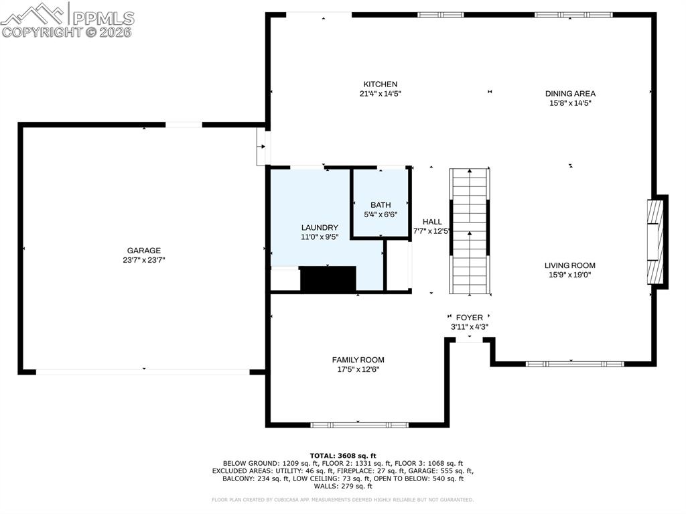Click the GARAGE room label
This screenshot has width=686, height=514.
(144, 251)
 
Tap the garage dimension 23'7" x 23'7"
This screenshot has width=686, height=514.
(144, 260)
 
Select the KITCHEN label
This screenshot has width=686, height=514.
(381, 84)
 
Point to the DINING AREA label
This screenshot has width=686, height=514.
(570, 94)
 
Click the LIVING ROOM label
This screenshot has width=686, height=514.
(569, 265)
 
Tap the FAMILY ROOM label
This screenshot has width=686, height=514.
(358, 360)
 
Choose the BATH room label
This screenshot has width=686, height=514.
(381, 205)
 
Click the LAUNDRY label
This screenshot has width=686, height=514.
(320, 227)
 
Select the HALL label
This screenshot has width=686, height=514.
(432, 222)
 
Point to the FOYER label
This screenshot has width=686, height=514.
(469, 318)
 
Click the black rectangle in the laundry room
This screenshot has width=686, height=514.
(328, 279)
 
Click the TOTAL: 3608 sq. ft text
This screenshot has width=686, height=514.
(343, 455)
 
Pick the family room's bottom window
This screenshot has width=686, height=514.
(359, 424)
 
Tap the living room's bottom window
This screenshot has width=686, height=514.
(574, 364)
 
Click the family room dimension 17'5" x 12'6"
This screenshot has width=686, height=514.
(358, 369)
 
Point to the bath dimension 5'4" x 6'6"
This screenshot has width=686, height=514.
(381, 214)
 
